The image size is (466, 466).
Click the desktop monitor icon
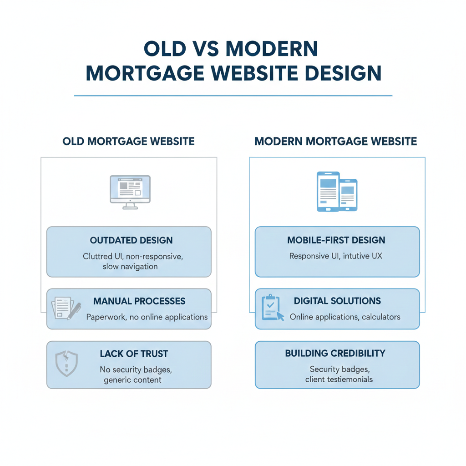pos(130,192)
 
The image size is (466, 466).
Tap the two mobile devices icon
pos(337,191)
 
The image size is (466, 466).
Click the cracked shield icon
pos(66,362)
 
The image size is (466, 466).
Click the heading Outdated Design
pos(131,240)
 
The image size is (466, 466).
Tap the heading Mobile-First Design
pos(336,240)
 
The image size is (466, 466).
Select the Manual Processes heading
pos(139,301)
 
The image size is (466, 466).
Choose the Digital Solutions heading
pos(337,301)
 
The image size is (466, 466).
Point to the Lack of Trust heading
pos(134,354)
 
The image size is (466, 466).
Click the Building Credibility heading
pos(335,354)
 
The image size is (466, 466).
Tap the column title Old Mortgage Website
pos(129,142)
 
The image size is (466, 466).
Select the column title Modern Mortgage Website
pos(336,142)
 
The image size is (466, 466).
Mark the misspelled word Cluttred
pos(100,256)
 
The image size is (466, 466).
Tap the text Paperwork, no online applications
pos(147,317)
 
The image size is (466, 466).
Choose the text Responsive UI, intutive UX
pos(336,256)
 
